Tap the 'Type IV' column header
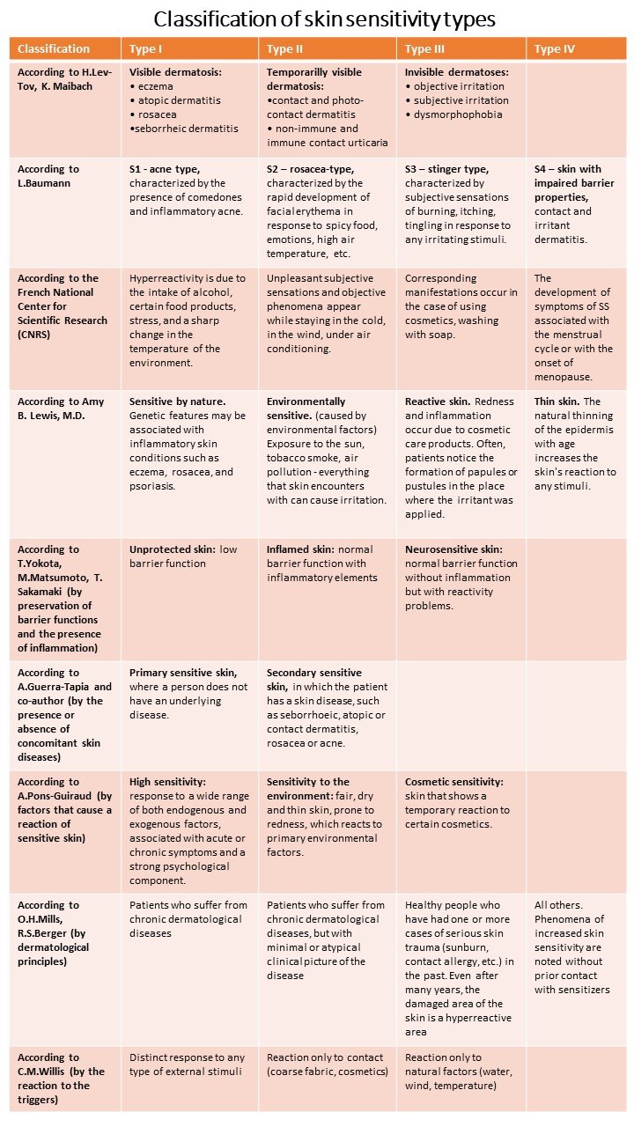[x=554, y=49]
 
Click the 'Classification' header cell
[x=54, y=49]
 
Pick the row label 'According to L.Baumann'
[x=48, y=176]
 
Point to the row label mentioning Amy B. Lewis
[x=60, y=409]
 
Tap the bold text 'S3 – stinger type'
[x=446, y=169]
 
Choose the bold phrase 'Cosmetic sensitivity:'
[x=453, y=782]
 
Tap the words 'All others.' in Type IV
[x=557, y=905]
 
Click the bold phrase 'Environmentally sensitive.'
[x=308, y=409]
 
